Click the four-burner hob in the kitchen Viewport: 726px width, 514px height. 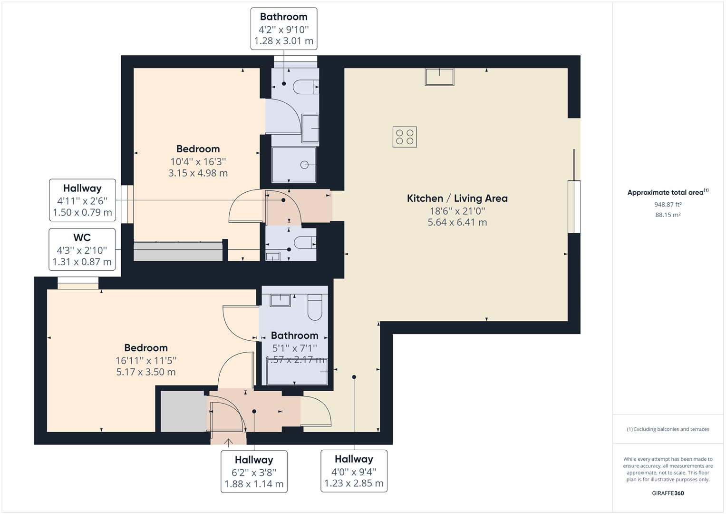405,137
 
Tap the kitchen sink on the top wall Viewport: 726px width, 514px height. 439,77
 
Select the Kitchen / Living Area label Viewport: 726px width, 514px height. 457,198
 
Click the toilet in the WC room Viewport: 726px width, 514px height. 304,243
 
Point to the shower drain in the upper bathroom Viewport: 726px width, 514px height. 304,165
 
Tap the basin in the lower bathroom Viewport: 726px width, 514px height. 280,300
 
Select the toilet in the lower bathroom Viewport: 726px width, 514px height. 315,306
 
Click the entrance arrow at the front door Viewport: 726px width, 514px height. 228,443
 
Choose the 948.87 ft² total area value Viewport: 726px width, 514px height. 668,205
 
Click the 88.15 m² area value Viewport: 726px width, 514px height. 668,215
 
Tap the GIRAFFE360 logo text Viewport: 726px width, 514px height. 668,493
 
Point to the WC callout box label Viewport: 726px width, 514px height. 82,237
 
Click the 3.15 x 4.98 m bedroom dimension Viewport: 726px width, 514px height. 198,174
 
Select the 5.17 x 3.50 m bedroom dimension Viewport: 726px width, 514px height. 146,372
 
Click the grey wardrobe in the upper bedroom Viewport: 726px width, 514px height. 178,251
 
